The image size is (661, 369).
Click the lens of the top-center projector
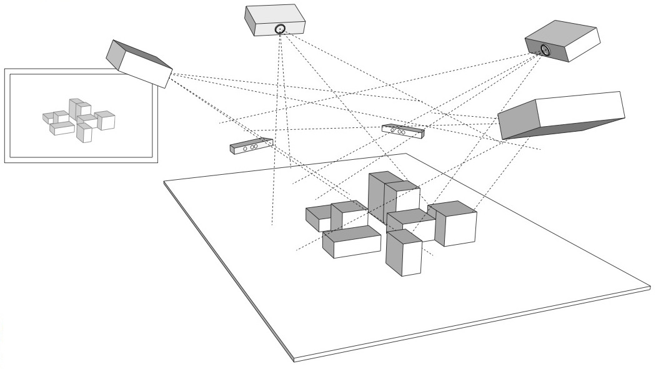[280, 28]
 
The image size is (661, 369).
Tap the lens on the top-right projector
[545, 49]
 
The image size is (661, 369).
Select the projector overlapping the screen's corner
[139, 62]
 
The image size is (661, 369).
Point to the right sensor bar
[403, 130]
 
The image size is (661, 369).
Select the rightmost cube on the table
[454, 224]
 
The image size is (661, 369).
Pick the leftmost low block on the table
[318, 219]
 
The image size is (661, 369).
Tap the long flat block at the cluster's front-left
[352, 242]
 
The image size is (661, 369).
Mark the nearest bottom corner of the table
[294, 359]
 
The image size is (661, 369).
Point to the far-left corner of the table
[164, 182]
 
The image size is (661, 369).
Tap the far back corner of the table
[407, 153]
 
